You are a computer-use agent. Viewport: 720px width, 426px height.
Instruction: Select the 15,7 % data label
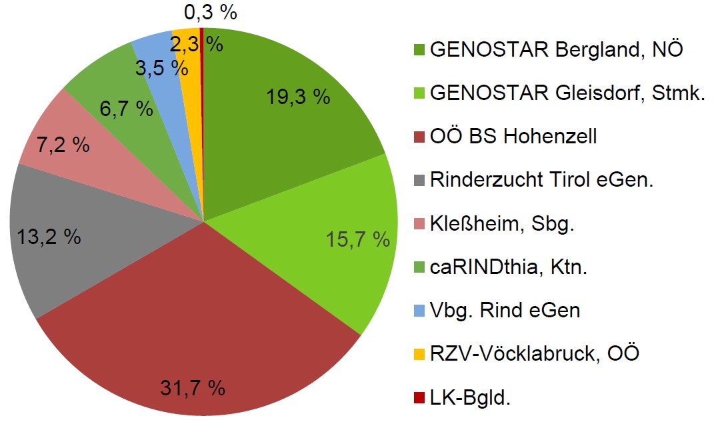pos(357,239)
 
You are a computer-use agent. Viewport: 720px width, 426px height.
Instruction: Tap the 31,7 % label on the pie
pos(192,387)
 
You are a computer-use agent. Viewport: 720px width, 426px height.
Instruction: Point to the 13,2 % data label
pos(47,235)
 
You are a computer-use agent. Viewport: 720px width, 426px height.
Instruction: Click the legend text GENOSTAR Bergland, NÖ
pos(557,49)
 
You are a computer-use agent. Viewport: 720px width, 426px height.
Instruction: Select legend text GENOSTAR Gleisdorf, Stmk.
pos(567,93)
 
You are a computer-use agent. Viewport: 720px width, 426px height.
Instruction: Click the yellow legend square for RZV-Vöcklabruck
pos(419,354)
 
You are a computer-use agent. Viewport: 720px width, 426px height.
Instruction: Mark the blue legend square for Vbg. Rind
pos(419,311)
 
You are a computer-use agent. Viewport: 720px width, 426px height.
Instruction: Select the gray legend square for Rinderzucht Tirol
pos(419,180)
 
